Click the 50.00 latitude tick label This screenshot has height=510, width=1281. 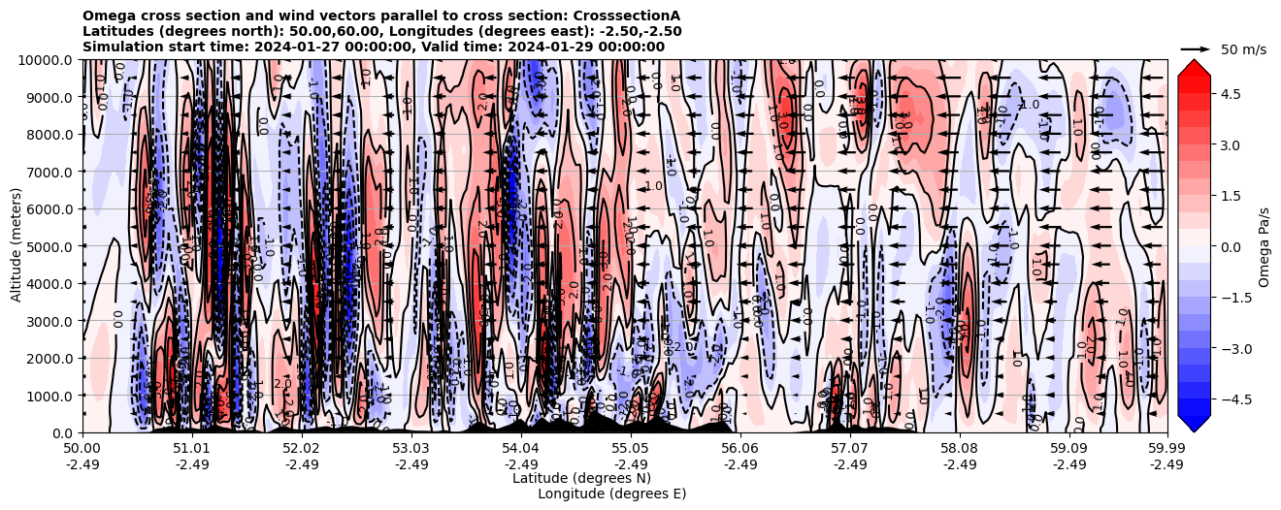click(x=82, y=449)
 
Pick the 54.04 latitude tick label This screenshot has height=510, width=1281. click(x=521, y=449)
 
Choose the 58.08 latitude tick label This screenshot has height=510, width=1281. click(x=960, y=449)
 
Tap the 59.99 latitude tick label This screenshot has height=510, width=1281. click(x=1166, y=449)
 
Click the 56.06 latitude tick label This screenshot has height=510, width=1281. click(x=740, y=449)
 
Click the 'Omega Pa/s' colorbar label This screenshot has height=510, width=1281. click(x=1265, y=246)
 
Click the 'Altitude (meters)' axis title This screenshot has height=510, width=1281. click(x=16, y=246)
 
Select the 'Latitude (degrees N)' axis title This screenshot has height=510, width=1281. click(x=581, y=478)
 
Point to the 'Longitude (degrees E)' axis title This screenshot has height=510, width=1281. click(x=611, y=494)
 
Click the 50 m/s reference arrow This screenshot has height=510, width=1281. click(x=1196, y=48)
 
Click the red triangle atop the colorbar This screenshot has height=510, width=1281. click(x=1194, y=67)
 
